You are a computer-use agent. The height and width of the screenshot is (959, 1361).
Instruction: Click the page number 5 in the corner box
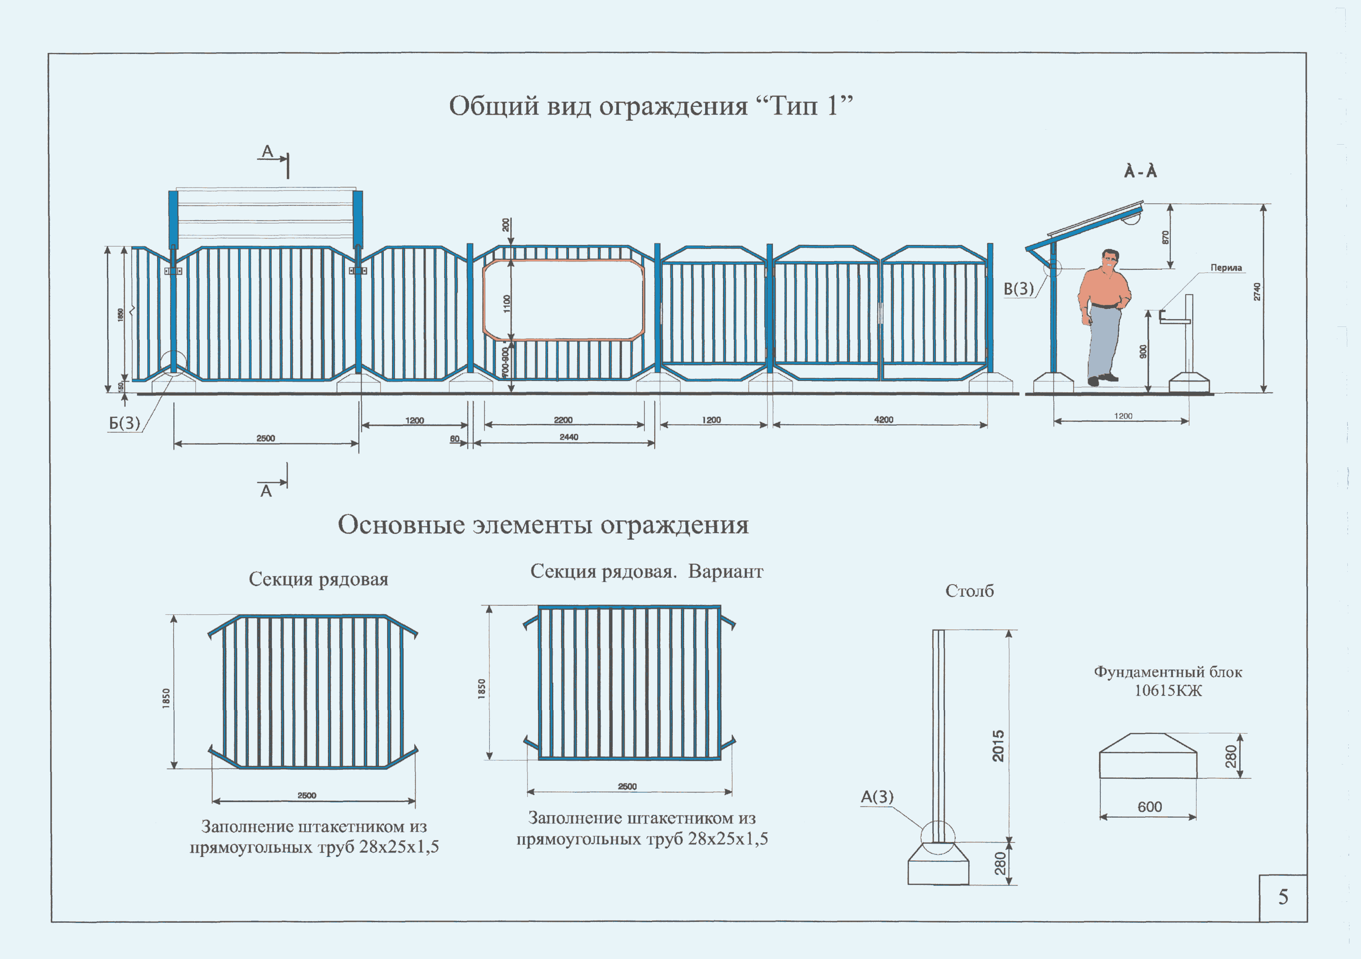point(1283,897)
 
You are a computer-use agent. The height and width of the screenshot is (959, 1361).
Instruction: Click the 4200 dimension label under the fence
point(883,419)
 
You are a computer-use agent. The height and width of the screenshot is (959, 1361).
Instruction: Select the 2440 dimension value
point(568,437)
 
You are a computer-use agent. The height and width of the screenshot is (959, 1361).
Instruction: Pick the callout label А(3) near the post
point(877,797)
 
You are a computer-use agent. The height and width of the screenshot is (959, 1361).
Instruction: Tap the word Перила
point(1226,268)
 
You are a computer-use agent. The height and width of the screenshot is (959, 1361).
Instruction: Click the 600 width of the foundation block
point(1149,807)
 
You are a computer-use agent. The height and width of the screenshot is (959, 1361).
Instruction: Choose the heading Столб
point(969,591)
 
